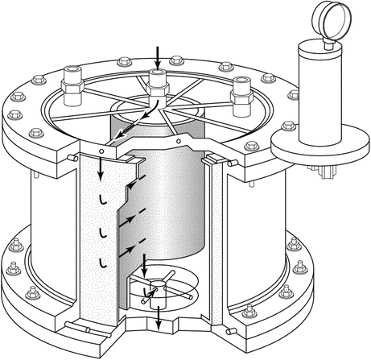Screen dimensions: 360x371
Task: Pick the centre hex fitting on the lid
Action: point(158,81)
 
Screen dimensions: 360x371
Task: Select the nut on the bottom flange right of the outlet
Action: point(243,308)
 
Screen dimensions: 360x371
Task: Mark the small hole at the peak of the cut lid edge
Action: point(177,142)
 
